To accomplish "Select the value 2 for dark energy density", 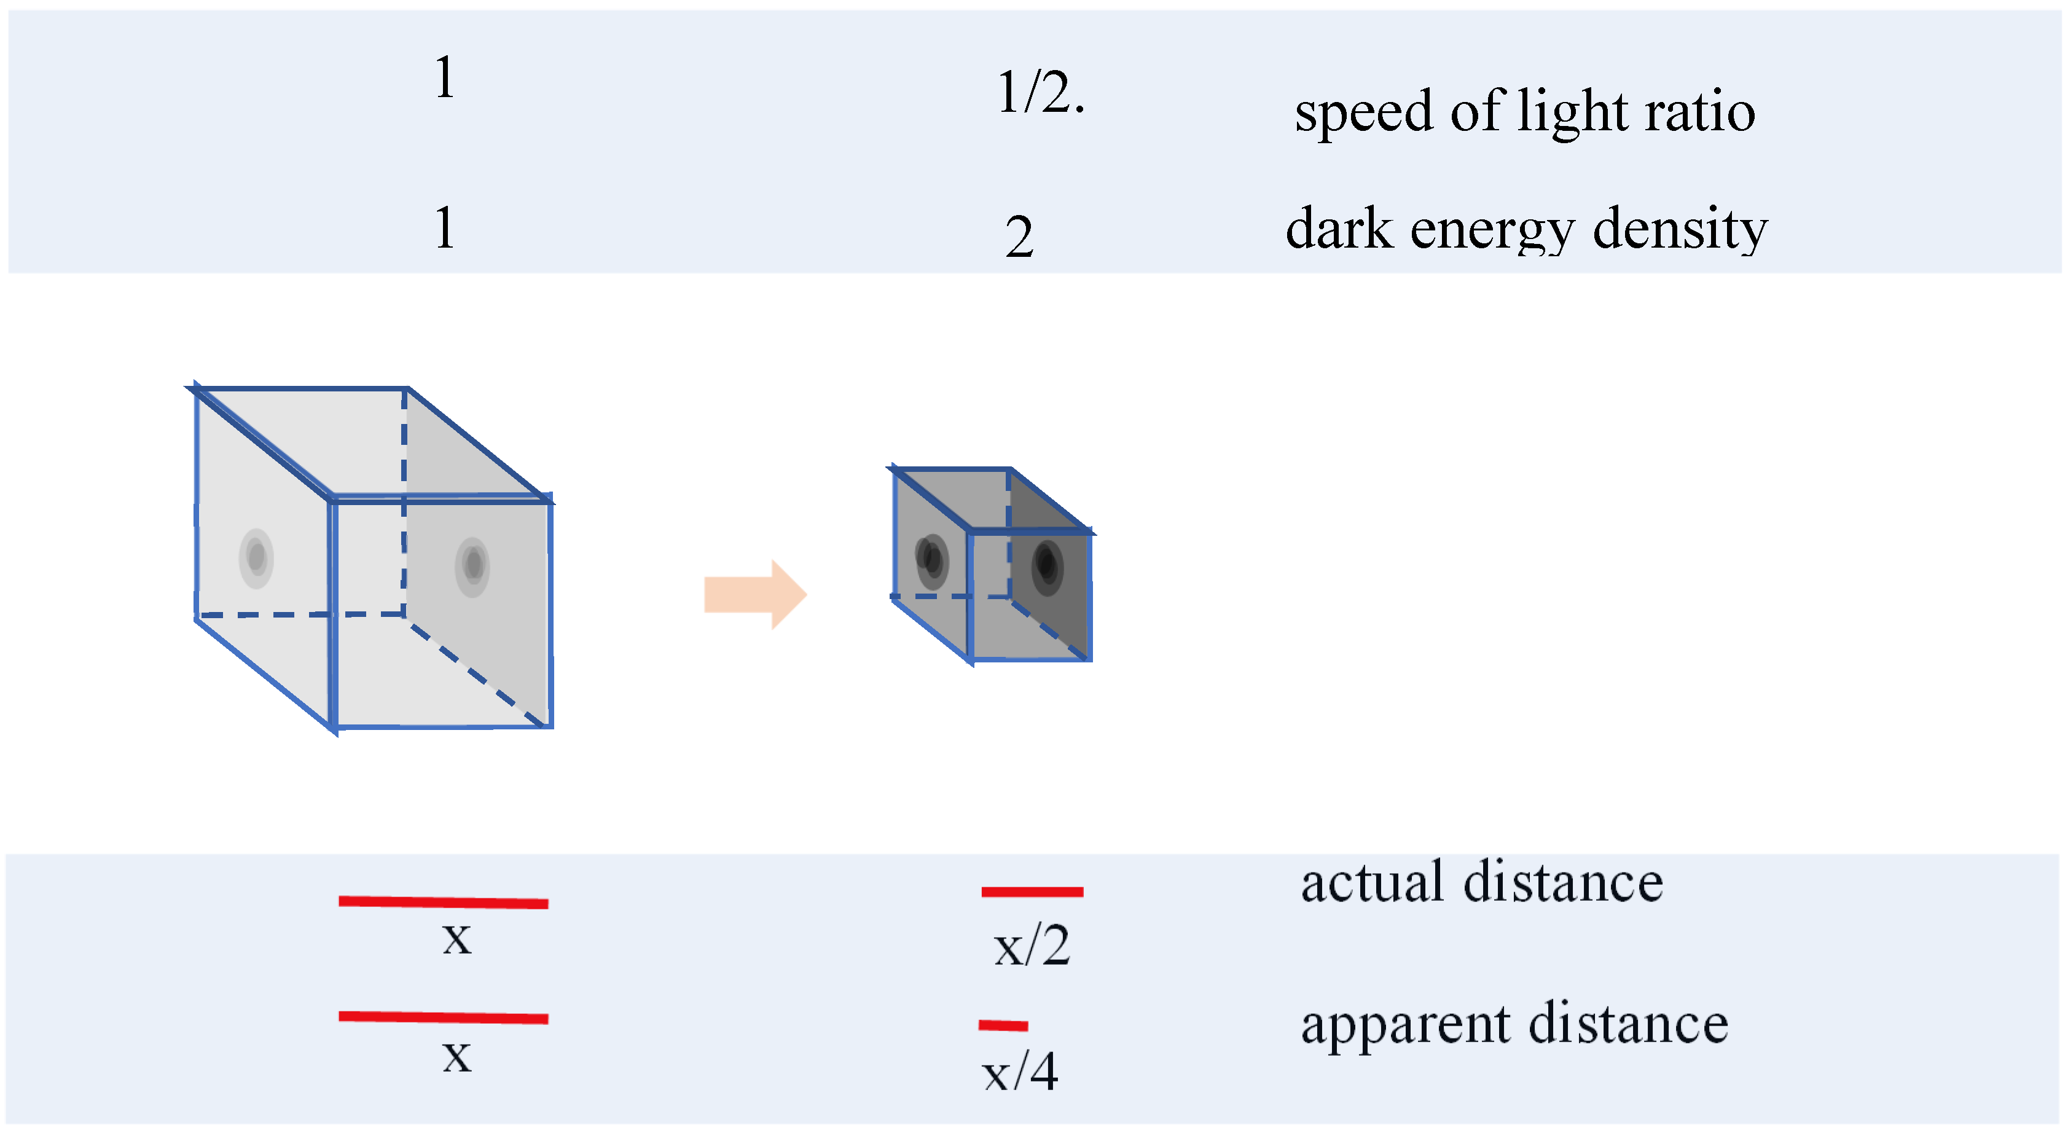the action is tap(1019, 237).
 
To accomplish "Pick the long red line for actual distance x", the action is tap(443, 902).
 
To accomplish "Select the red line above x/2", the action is tap(1032, 892).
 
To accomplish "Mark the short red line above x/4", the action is tap(1003, 1025).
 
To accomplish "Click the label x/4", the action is tap(1019, 1072).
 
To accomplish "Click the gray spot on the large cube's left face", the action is tap(256, 558).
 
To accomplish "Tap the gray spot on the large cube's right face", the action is tap(473, 566).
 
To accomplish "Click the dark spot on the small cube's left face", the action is tap(932, 560).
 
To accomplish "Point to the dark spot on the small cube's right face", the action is tap(1047, 566).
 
